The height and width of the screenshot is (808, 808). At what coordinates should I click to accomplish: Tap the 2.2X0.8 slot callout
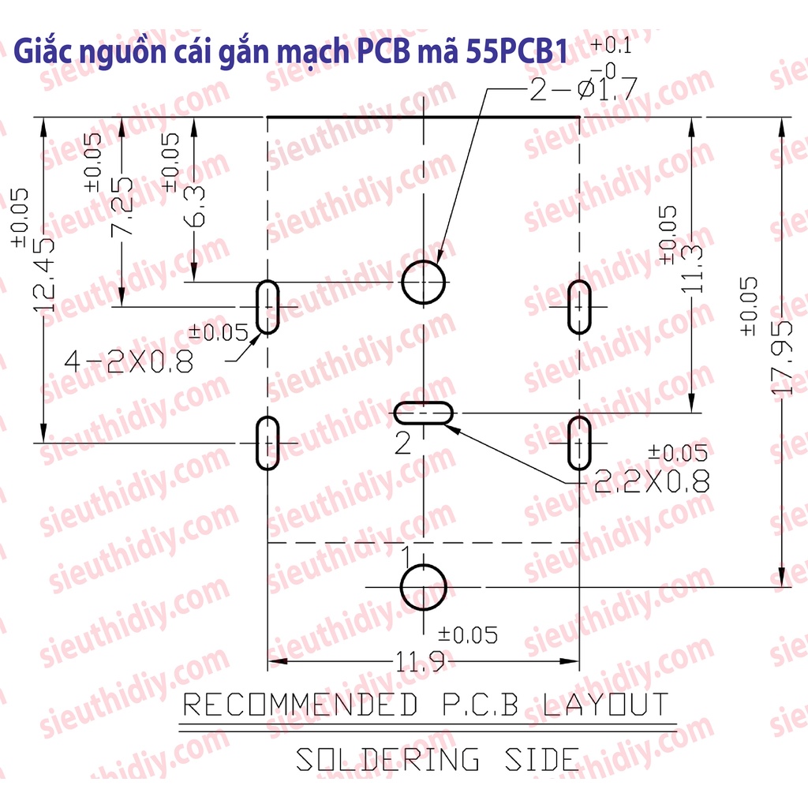click(651, 481)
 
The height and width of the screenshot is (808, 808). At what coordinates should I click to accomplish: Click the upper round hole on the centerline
click(425, 282)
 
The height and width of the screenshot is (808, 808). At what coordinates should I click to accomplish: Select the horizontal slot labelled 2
click(425, 412)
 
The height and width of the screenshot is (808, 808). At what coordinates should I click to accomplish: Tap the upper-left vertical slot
click(268, 306)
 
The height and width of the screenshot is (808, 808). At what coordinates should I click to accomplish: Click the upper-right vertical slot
click(581, 306)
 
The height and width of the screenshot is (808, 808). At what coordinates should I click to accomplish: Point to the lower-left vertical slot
click(268, 443)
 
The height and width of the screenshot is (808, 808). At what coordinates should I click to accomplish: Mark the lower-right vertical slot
click(581, 443)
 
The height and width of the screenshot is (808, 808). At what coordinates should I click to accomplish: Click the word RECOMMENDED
click(301, 704)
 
